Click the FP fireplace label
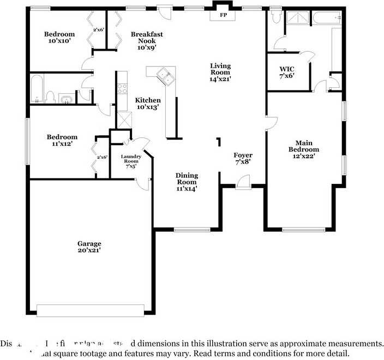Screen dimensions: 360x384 (223, 15)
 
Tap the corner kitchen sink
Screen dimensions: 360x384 (164, 76)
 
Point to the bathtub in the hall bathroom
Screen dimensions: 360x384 (36, 89)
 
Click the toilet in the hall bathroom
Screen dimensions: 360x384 (50, 97)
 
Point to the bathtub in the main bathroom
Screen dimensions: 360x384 (327, 19)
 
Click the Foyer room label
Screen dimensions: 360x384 (243, 155)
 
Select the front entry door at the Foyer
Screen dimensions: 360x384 (243, 182)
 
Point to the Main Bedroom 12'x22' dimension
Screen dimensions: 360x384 (304, 156)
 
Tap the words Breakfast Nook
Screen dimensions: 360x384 (147, 37)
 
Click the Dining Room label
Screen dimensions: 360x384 (187, 178)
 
